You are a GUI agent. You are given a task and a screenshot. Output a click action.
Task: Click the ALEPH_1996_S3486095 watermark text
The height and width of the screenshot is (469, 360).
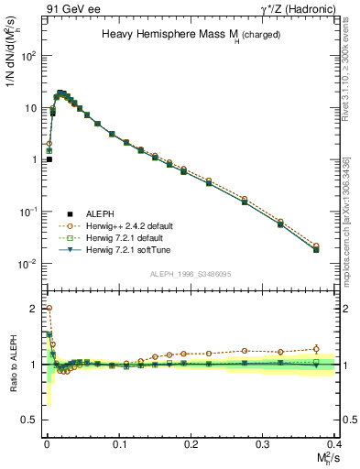click(x=191, y=274)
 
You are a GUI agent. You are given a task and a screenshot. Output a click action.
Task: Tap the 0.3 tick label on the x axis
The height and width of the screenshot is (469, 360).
click(x=263, y=442)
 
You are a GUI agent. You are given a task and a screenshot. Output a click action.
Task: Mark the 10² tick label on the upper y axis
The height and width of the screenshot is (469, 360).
click(x=30, y=56)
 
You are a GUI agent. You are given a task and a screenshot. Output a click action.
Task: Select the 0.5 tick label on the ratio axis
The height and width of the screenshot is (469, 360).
click(x=31, y=420)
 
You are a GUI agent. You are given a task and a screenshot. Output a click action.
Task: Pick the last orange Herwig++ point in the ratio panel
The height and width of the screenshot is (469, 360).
click(x=316, y=348)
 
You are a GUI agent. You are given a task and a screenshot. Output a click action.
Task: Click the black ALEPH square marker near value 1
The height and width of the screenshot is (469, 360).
click(x=49, y=158)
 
